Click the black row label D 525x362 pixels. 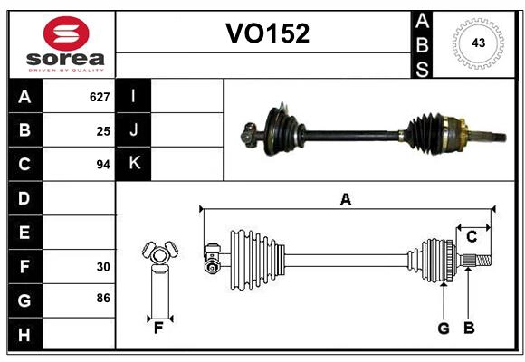click(24, 197)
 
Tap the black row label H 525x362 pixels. click(24, 335)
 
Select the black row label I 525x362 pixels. click(134, 96)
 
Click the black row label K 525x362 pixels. click(134, 164)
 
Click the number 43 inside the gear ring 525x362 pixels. click(478, 43)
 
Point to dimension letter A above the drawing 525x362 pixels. click(345, 199)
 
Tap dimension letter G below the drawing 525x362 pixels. click(443, 328)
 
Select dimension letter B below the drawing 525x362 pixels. click(468, 328)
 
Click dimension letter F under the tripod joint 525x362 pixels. click(158, 328)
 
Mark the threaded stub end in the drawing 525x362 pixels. click(480, 262)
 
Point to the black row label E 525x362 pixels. click(24, 233)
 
